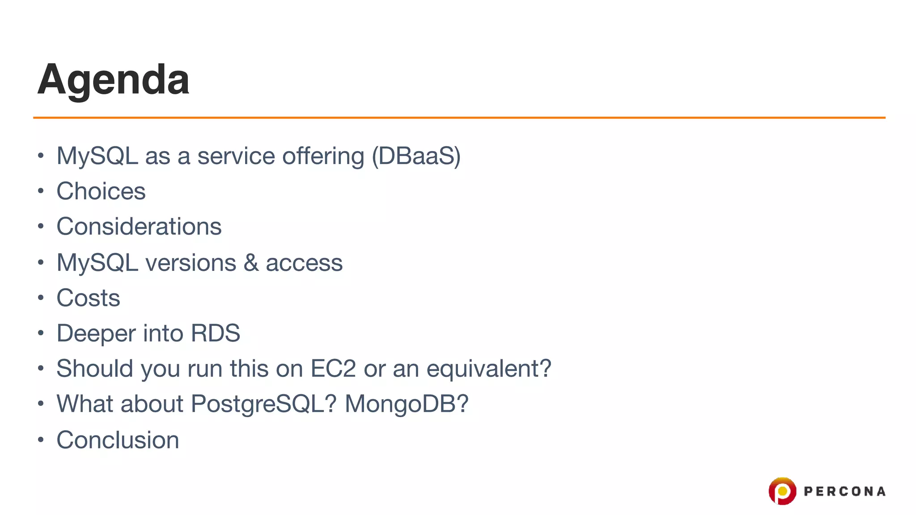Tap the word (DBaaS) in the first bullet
click(416, 156)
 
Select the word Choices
click(101, 191)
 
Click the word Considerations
click(139, 227)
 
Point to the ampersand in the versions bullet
click(251, 262)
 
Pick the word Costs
click(89, 298)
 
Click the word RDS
click(216, 333)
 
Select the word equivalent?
click(489, 369)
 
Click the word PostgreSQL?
click(263, 404)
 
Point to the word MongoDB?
click(407, 404)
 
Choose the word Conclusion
click(118, 440)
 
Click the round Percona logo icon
click(782, 491)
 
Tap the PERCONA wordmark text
click(844, 492)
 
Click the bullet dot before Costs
click(41, 298)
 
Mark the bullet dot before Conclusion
click(41, 440)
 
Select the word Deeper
click(96, 333)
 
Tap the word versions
click(191, 262)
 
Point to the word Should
click(95, 369)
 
